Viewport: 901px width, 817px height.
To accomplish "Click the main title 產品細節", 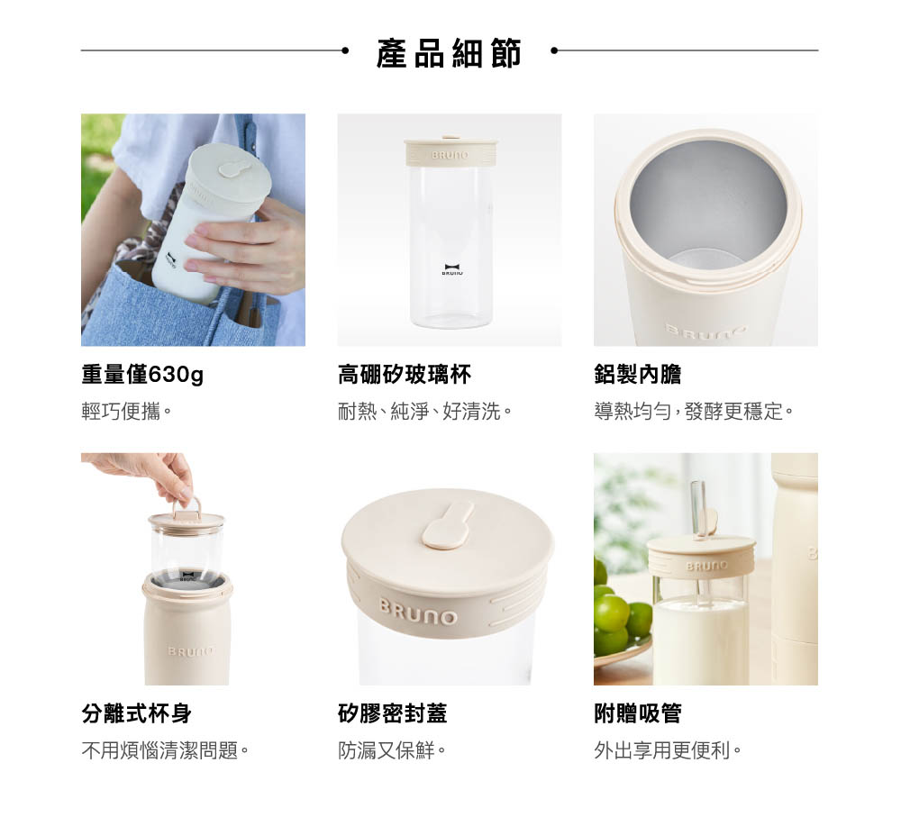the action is tap(449, 53).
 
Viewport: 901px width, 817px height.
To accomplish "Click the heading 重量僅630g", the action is tap(142, 375).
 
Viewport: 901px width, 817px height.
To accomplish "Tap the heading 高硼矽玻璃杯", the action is tap(405, 375).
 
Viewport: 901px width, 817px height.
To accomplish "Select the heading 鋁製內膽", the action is tap(638, 375).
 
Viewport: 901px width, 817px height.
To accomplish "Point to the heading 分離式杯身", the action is tap(136, 713).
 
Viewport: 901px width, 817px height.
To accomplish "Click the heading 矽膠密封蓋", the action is tap(393, 713).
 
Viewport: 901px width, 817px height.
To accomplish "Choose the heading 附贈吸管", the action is tap(638, 713).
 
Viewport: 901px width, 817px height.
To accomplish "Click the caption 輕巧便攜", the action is tap(126, 412).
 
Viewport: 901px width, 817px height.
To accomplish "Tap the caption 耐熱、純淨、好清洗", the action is tap(424, 412).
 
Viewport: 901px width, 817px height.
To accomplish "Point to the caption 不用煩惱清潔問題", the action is tap(165, 750).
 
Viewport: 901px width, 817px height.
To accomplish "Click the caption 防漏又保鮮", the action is tap(392, 750).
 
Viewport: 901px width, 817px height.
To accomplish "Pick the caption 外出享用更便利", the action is tap(668, 750).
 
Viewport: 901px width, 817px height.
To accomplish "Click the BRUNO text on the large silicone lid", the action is tap(418, 613).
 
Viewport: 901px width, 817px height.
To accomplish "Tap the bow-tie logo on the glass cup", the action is tap(452, 268).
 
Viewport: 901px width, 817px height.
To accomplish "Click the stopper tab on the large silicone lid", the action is tap(448, 525).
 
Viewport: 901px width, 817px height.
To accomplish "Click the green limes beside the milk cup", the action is tap(621, 614).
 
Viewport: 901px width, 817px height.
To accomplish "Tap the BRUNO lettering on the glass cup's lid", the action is tap(450, 155).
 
